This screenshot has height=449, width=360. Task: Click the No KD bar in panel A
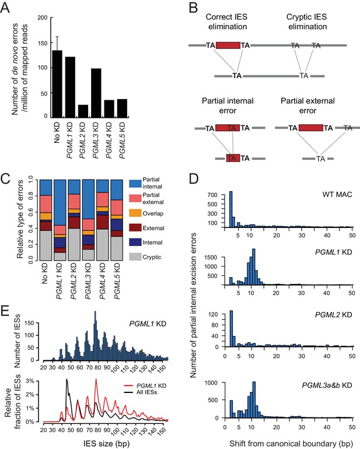57,84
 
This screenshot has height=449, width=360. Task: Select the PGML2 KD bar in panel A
83,111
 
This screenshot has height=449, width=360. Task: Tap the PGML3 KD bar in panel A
96,93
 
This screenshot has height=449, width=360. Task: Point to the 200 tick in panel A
43,17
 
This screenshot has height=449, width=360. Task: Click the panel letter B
193,8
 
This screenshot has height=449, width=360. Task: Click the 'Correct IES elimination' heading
227,22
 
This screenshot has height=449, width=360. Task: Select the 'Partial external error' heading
307,106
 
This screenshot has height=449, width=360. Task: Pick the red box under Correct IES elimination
228,45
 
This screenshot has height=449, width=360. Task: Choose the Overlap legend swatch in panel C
135,213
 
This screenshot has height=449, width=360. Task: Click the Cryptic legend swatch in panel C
135,257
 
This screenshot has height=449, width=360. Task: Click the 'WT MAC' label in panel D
337,195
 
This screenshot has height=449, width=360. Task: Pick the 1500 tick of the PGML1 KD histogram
212,257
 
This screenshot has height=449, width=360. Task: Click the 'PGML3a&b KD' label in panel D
327,385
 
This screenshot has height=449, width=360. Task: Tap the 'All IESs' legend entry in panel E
146,392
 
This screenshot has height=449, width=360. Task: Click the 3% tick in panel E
30,381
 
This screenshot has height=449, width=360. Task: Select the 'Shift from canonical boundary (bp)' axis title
291,444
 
